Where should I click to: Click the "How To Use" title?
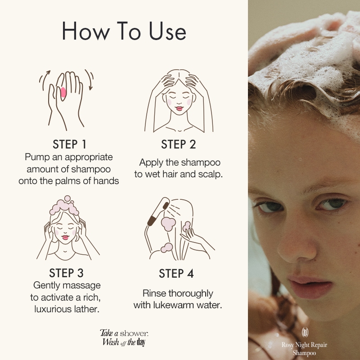pyautogui.click(x=124, y=31)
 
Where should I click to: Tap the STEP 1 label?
pyautogui.click(x=69, y=144)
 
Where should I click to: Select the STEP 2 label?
pyautogui.click(x=178, y=144)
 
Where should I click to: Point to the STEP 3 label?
pyautogui.click(x=66, y=273)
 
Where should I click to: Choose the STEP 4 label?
pyautogui.click(x=176, y=274)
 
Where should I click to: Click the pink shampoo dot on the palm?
pyautogui.click(x=63, y=92)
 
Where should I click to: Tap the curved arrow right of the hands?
pyautogui.click(x=90, y=79)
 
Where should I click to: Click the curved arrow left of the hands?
pyautogui.click(x=45, y=80)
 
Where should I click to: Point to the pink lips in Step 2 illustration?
pyautogui.click(x=179, y=108)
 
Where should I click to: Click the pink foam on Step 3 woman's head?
pyautogui.click(x=64, y=206)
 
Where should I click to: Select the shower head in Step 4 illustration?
pyautogui.click(x=159, y=211)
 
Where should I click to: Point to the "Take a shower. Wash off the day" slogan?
pyautogui.click(x=124, y=337)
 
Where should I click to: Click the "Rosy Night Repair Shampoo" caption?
pyautogui.click(x=305, y=348)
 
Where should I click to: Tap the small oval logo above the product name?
pyautogui.click(x=305, y=332)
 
